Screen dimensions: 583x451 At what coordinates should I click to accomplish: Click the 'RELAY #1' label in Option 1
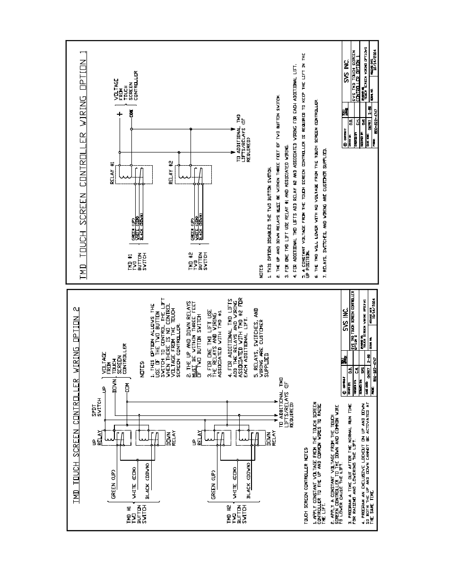[113, 174]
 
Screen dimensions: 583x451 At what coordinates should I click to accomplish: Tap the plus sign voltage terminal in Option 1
[120, 114]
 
